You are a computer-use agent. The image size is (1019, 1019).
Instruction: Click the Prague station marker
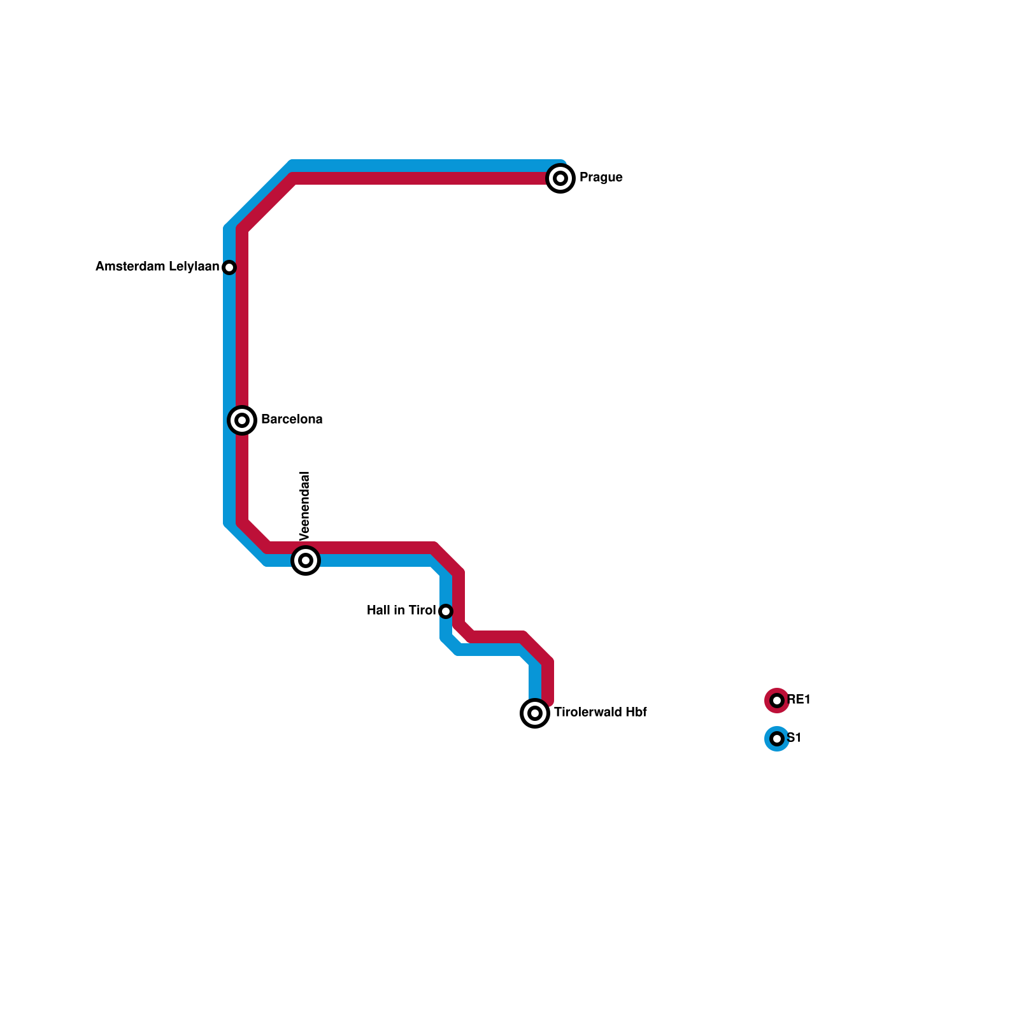(x=560, y=178)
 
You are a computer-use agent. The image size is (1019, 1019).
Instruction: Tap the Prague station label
(x=601, y=178)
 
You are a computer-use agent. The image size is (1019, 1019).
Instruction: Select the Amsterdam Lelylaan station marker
(x=229, y=267)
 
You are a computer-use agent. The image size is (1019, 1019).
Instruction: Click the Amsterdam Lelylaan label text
(x=157, y=267)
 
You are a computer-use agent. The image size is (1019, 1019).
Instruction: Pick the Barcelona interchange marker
(x=242, y=420)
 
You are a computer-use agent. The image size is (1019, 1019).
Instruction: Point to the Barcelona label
(x=292, y=420)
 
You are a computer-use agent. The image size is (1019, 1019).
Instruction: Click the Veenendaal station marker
(x=306, y=560)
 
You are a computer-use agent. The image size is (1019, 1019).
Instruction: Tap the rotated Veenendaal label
(x=305, y=506)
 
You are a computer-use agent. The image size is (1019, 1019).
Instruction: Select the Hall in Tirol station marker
(x=446, y=611)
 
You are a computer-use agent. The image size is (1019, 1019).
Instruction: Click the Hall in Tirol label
(x=401, y=611)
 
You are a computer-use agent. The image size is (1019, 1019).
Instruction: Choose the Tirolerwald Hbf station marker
(x=535, y=713)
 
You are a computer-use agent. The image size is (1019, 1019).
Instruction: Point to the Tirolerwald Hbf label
(x=600, y=713)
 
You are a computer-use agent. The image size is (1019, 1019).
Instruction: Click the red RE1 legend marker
(x=776, y=701)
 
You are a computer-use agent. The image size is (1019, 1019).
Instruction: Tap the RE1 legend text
(x=799, y=700)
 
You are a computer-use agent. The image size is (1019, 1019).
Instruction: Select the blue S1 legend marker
(x=776, y=739)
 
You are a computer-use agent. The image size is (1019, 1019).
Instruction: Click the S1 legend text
(x=794, y=738)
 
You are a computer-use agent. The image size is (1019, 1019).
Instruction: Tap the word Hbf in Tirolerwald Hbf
(x=636, y=713)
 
